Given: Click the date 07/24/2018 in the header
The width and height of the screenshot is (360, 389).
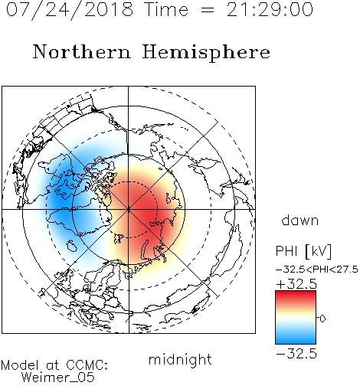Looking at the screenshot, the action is [70, 10].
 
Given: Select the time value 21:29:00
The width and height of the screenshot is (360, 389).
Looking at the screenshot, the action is [270, 10].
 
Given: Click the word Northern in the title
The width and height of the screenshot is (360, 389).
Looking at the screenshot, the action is [82, 51].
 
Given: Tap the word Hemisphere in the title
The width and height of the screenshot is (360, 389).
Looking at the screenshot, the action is [206, 52].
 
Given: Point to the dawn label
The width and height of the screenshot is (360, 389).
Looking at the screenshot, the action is [300, 220].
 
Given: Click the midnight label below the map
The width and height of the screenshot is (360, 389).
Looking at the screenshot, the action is [180, 359].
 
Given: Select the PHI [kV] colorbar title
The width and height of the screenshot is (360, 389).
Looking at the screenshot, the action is [303, 251].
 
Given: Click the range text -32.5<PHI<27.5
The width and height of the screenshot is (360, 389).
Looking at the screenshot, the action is [317, 270].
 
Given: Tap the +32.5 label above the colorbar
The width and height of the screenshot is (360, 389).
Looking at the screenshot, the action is [296, 284].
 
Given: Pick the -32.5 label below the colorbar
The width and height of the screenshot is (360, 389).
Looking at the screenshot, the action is [296, 354].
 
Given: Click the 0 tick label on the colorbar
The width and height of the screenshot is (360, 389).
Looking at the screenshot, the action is [322, 319].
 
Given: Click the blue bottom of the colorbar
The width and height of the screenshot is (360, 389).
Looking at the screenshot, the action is [296, 339].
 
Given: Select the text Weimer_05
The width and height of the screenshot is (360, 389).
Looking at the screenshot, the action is [58, 378].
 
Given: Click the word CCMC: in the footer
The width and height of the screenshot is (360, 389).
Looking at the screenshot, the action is [87, 365].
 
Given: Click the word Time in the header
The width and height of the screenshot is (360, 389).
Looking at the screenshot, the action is [166, 10].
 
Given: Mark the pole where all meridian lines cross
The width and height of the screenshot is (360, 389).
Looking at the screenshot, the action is [129, 209].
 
